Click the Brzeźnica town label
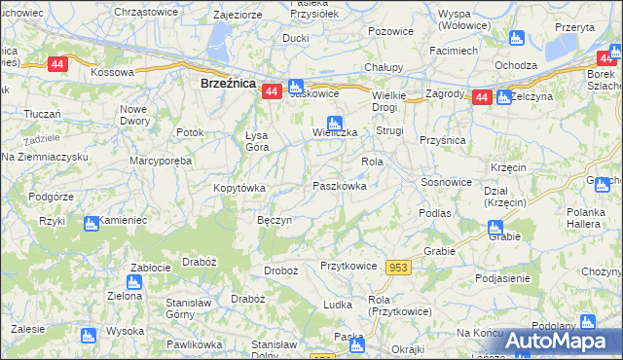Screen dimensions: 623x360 pos(227,84)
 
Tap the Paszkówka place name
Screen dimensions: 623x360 pos(340,185)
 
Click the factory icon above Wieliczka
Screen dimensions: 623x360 pos(334,123)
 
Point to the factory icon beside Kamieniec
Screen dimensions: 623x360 pos(91,222)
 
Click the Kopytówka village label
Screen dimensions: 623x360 pos(238,187)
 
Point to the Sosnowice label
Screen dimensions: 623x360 pos(446,182)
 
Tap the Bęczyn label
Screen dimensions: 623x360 pos(275,220)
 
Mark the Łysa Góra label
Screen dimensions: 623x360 pos(262,141)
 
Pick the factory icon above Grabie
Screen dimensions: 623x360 pos(495,228)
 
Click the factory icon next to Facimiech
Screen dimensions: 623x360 pos(517,38)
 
